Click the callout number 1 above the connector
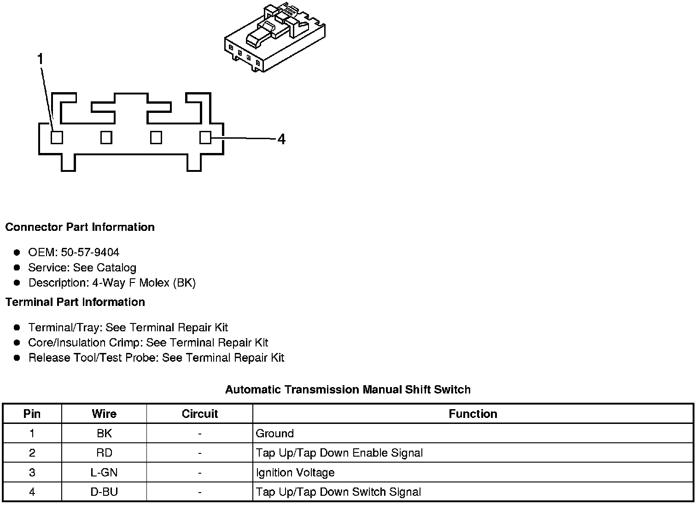tap(41, 59)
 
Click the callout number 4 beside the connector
tap(281, 139)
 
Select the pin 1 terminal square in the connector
tap(57, 137)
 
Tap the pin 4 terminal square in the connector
tap(205, 137)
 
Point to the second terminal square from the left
tap(106, 137)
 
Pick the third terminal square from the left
tap(156, 137)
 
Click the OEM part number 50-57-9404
tap(90, 252)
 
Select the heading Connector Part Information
tap(80, 227)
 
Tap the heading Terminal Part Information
tap(75, 302)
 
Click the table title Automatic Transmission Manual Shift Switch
tap(348, 390)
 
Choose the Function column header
tap(473, 414)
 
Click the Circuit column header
tap(199, 414)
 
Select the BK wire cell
tap(104, 434)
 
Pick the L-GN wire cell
tap(104, 473)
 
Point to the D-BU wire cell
tap(104, 492)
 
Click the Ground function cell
tap(274, 434)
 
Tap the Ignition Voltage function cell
tap(295, 473)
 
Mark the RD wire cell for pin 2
tap(104, 453)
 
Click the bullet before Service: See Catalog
tap(17, 268)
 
